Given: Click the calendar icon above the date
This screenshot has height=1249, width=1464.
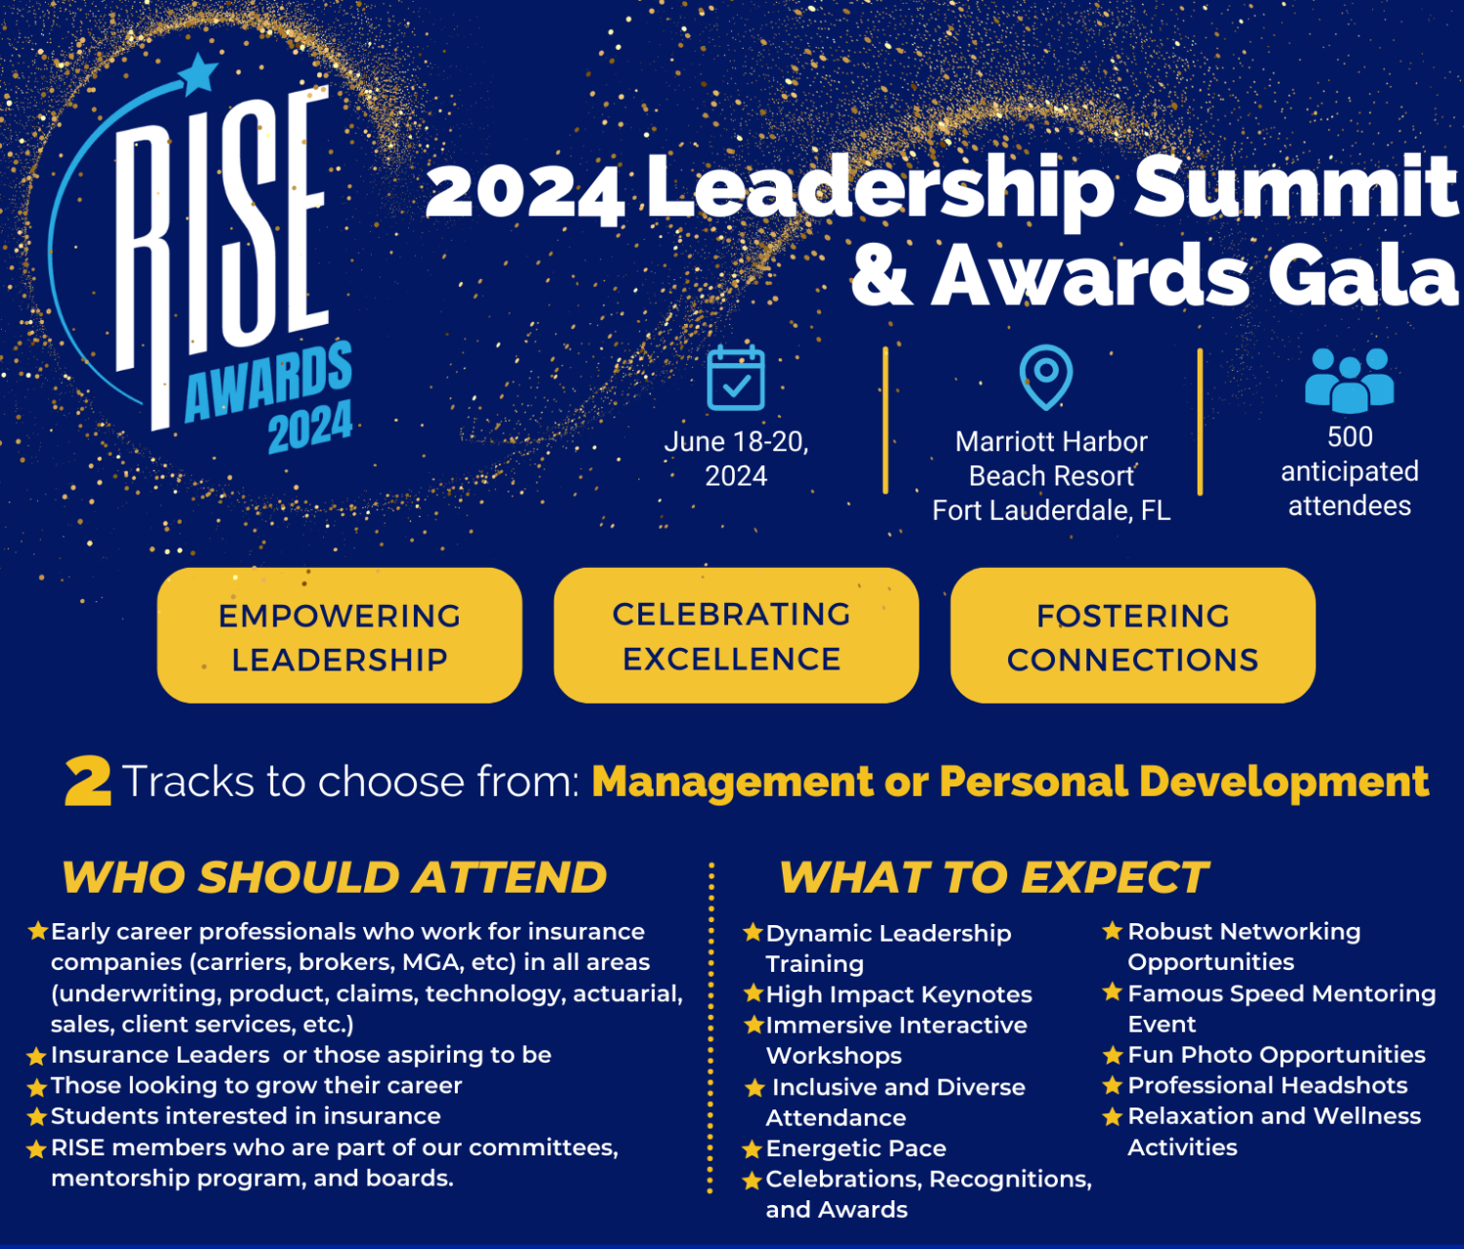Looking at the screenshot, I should [736, 378].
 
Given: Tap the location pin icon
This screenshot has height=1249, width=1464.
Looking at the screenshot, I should [1045, 376].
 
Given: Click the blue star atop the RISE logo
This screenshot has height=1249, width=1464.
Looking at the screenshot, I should [199, 73].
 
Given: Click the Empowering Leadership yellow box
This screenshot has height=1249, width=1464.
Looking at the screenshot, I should [340, 636].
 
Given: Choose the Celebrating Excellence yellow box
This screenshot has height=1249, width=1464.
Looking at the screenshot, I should [736, 636].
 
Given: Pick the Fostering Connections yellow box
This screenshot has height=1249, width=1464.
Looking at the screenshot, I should [1132, 636].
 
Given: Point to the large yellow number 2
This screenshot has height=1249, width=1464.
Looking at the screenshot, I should [88, 783].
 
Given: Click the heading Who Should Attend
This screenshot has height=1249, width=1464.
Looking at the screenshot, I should [335, 877].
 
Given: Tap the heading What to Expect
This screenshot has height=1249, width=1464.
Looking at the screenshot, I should [994, 877].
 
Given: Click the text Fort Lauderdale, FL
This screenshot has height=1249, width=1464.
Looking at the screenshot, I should [1051, 510].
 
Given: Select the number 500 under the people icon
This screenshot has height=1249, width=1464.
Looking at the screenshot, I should [1350, 437].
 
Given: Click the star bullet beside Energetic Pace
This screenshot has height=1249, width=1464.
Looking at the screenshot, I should [752, 1149].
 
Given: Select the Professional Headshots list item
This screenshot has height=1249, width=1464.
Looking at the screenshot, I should [1267, 1085].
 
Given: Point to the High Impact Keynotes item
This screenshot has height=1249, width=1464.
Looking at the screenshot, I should [898, 994].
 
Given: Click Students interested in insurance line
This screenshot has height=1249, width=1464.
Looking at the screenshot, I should [245, 1115].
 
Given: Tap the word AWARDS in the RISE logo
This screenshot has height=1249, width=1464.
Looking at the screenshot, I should [268, 383].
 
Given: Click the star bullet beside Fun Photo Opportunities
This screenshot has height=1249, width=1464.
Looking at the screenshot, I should [1112, 1055].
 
